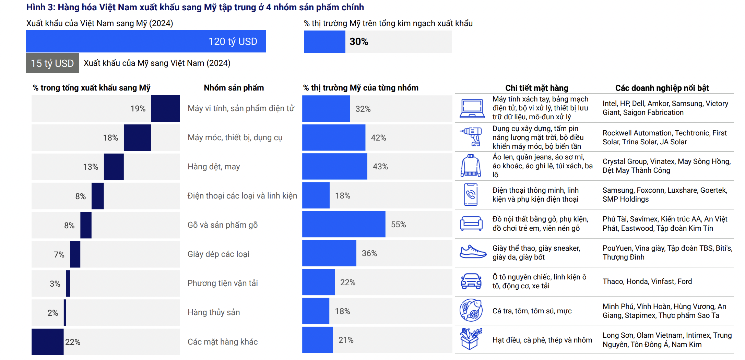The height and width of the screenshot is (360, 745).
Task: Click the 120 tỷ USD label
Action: click(233, 41)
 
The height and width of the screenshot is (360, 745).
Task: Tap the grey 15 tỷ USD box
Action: click(52, 63)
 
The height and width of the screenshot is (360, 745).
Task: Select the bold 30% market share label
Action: click(358, 41)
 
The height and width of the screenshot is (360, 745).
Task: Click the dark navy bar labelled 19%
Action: click(165, 108)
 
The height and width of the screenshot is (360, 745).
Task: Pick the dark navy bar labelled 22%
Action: click(47, 342)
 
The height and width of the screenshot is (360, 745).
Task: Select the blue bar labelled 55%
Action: click(343, 224)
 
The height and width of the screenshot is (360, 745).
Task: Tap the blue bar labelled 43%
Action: click(334, 166)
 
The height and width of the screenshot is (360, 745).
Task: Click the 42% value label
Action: click(378, 137)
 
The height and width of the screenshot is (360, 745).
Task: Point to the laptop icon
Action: click(472, 108)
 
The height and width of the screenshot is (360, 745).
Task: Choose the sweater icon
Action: click(471, 166)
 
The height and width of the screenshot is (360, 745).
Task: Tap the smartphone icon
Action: click(471, 195)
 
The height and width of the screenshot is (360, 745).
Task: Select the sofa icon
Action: click(471, 224)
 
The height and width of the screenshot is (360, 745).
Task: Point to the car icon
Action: click(471, 281)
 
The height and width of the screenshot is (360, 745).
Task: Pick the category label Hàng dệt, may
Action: click(214, 167)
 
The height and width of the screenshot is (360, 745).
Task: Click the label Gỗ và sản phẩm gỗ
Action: click(222, 225)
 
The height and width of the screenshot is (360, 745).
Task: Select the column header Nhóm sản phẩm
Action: click(234, 88)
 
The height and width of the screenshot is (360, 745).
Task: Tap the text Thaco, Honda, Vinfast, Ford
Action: click(647, 281)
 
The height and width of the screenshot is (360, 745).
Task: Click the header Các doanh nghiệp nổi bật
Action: click(662, 88)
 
